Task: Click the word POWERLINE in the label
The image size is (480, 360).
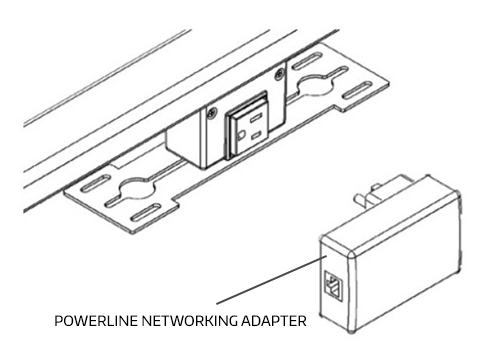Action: [x=96, y=321]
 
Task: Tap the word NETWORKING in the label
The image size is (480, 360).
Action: [x=189, y=321]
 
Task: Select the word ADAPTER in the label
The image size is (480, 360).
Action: [x=274, y=321]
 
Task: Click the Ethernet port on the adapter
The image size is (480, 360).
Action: [x=333, y=286]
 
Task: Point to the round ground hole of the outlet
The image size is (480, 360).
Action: [x=241, y=135]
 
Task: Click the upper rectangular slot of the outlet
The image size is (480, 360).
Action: [x=256, y=117]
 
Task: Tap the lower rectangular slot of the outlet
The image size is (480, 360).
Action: [x=257, y=135]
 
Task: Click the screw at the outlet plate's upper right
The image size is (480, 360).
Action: [x=279, y=74]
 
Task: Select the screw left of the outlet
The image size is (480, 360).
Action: [x=211, y=113]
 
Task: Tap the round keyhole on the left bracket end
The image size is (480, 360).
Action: [x=137, y=188]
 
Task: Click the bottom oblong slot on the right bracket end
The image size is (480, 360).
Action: [x=357, y=90]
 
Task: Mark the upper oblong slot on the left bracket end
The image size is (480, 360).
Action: [x=96, y=183]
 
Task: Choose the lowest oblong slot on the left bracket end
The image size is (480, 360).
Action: [x=145, y=214]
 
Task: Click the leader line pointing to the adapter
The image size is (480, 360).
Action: [x=271, y=280]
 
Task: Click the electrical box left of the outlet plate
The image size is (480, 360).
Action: [x=183, y=147]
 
